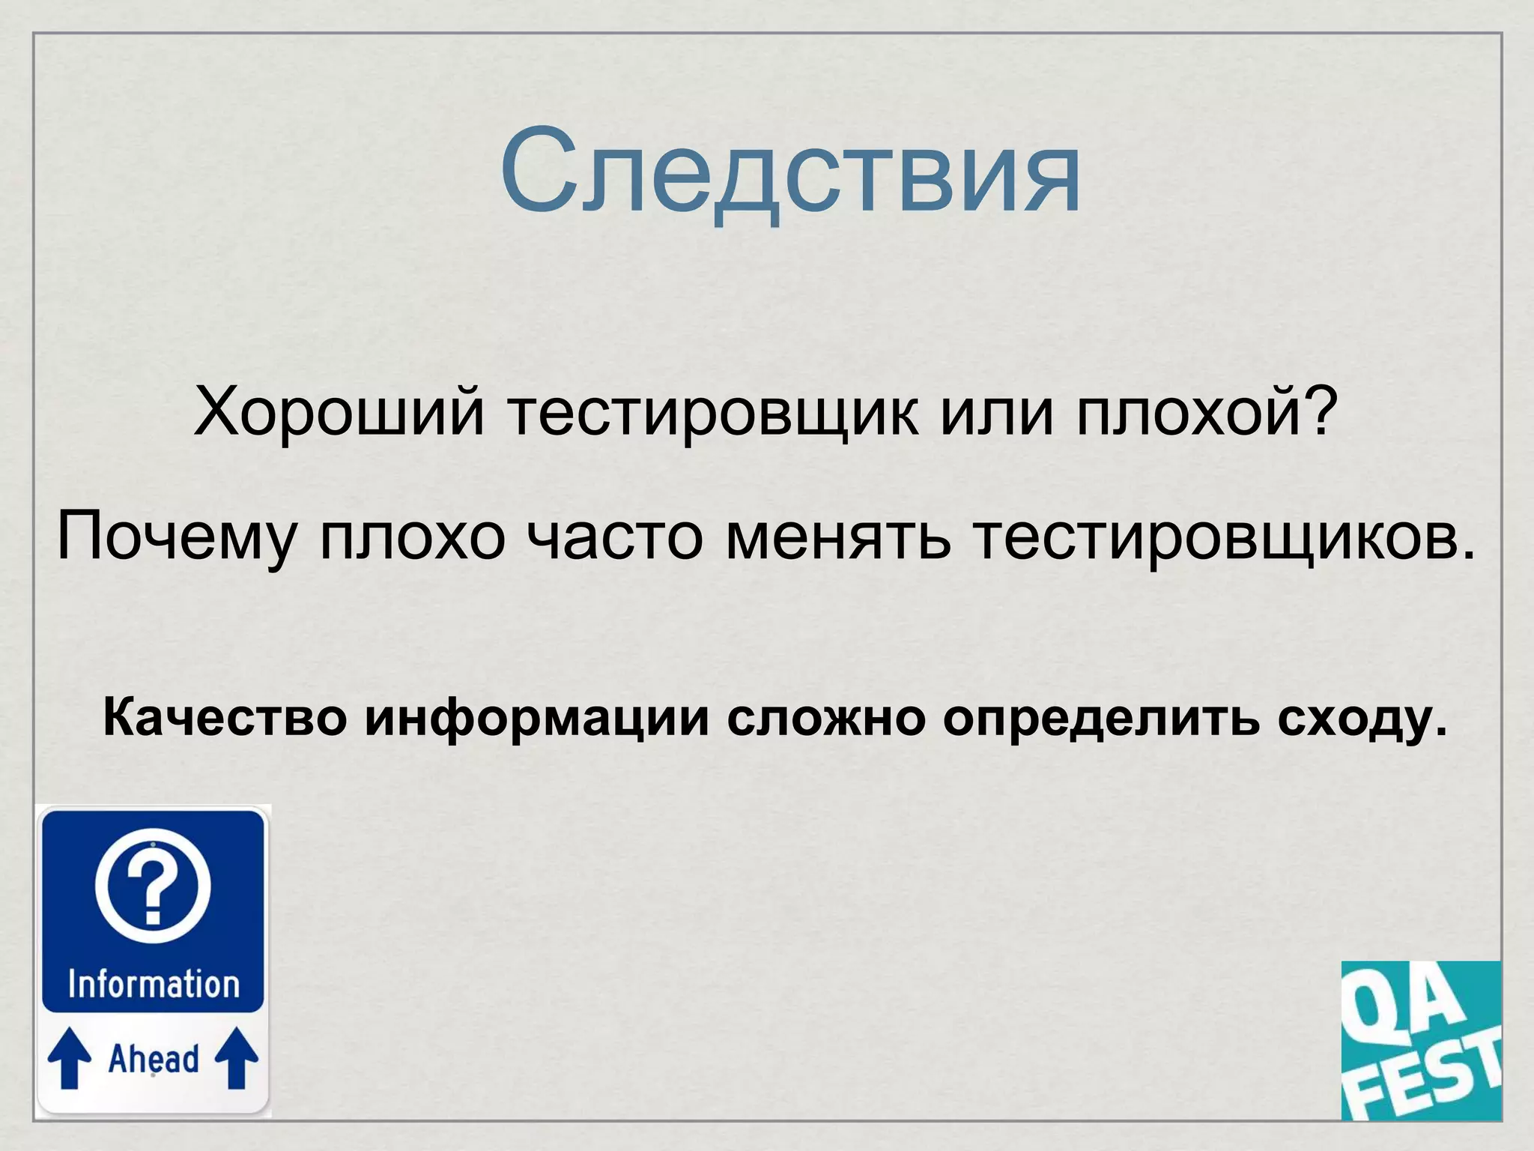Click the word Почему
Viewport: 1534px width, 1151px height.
pyautogui.click(x=177, y=536)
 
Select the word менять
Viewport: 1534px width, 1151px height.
pyautogui.click(x=839, y=536)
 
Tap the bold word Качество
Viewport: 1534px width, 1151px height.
pyautogui.click(x=225, y=717)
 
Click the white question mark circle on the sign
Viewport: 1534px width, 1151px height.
pyautogui.click(x=153, y=886)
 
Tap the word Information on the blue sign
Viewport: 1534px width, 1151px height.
pyautogui.click(x=154, y=984)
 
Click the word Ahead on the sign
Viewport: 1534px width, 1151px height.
pyautogui.click(x=154, y=1059)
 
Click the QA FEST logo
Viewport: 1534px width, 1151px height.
pyautogui.click(x=1421, y=1040)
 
